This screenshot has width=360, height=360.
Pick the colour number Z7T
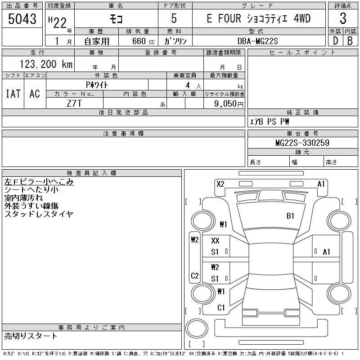(74, 103)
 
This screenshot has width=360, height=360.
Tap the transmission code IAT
(13, 94)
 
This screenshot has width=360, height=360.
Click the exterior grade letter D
(335, 41)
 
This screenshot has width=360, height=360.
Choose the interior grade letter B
(350, 41)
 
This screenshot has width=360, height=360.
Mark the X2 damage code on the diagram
(220, 184)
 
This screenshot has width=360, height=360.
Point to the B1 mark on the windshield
(290, 216)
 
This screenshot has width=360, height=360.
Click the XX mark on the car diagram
(215, 241)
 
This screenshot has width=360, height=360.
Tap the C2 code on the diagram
(194, 276)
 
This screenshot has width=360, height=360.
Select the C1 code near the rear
(220, 308)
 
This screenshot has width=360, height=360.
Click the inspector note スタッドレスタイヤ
(39, 214)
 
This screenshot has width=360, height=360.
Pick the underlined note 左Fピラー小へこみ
(39, 182)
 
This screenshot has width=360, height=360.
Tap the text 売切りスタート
(31, 336)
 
